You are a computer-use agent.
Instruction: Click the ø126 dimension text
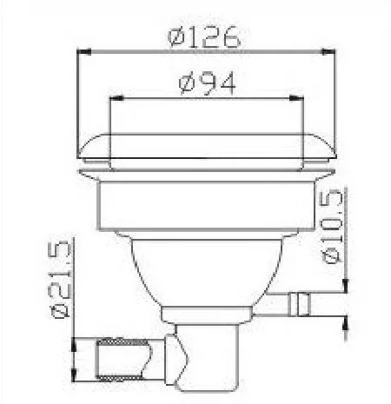tap(205, 36)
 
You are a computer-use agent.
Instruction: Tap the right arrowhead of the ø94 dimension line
tap(299, 98)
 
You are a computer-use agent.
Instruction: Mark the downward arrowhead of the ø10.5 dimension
tap(347, 286)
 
